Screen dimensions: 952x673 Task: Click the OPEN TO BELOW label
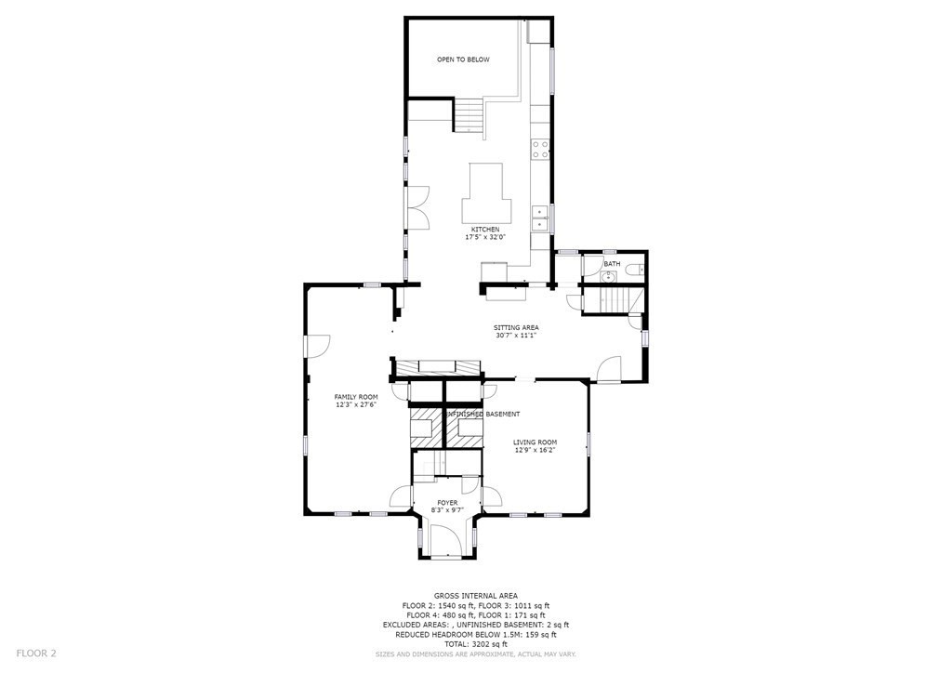click(463, 59)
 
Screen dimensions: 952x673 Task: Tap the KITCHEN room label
click(485, 230)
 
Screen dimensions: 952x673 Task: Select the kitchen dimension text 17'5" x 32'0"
click(485, 237)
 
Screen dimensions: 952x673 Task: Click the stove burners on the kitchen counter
click(540, 150)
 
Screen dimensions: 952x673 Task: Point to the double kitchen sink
click(540, 218)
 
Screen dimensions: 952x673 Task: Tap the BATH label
click(612, 264)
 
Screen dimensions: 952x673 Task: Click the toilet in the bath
click(635, 271)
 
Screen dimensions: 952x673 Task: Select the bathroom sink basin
click(608, 277)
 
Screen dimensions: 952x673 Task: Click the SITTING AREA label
click(516, 328)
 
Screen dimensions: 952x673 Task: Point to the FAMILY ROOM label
click(356, 397)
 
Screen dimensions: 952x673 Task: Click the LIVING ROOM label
click(535, 442)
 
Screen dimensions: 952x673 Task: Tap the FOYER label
click(447, 503)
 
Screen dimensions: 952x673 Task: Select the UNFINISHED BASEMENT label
click(483, 414)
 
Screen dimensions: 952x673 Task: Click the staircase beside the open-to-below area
click(469, 115)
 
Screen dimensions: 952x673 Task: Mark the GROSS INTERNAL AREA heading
click(475, 596)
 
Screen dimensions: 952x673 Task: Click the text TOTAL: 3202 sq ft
click(475, 644)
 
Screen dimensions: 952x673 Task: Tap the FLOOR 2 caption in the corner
click(36, 653)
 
